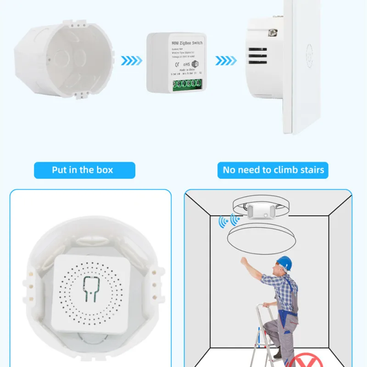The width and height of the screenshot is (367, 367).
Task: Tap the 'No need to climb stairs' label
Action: (273, 170)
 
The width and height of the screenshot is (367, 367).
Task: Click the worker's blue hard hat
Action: (284, 262)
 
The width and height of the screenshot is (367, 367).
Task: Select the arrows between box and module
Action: (131, 60)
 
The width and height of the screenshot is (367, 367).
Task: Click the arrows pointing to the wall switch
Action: (226, 60)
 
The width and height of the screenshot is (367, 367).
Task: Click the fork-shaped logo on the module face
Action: (91, 289)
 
